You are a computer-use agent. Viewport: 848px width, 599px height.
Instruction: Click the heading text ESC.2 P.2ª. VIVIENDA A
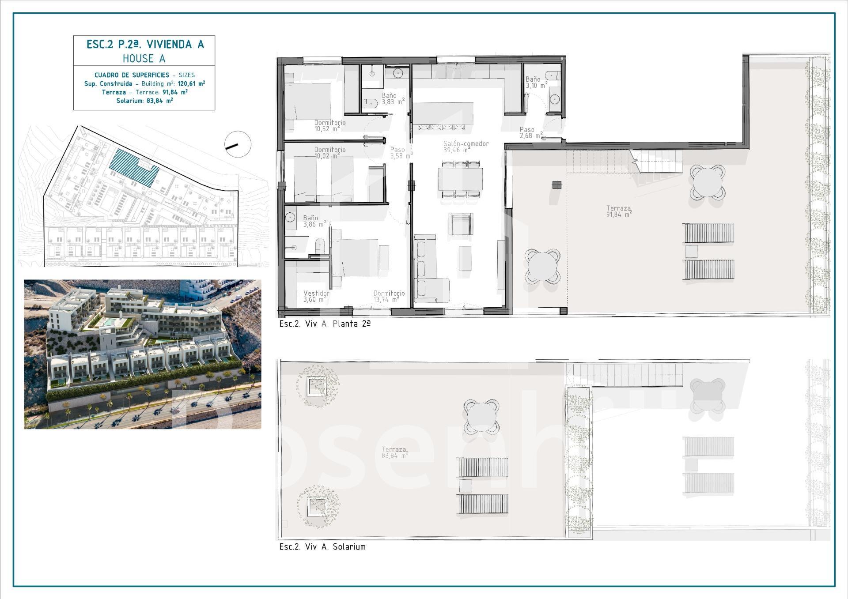145,44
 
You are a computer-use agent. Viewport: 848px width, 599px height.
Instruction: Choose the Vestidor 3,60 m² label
316,296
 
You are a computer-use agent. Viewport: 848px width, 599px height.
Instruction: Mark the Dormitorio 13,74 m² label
389,296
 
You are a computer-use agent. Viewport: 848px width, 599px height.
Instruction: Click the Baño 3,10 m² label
536,83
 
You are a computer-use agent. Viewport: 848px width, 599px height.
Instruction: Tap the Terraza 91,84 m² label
619,211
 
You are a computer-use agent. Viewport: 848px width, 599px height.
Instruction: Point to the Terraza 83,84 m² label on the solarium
395,452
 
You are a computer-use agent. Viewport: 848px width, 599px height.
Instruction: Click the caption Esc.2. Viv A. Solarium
322,546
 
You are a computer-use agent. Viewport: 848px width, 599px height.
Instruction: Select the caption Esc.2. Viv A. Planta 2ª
325,324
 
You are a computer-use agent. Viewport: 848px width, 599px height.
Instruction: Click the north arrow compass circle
238,144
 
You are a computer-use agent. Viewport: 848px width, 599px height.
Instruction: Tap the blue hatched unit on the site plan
134,168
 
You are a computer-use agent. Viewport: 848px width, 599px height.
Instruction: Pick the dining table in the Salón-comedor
460,179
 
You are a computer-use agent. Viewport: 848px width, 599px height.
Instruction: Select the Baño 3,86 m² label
314,221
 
